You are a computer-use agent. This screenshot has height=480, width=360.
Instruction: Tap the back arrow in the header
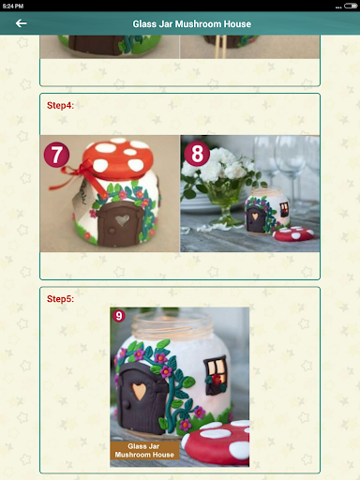[21, 23]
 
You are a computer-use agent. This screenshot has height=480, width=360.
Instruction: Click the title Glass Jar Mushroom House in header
[191, 24]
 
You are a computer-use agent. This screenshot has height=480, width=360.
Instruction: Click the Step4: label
[60, 106]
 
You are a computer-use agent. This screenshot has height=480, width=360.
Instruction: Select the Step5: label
[60, 299]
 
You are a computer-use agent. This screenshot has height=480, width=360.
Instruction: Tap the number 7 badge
[56, 155]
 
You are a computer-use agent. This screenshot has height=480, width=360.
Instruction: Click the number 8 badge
[197, 154]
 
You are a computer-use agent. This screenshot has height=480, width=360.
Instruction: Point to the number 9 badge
[119, 316]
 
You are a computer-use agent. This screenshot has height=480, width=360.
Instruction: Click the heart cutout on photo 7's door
[122, 220]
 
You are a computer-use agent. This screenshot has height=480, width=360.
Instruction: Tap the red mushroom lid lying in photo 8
[292, 234]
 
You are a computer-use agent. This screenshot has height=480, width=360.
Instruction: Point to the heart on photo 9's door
[139, 391]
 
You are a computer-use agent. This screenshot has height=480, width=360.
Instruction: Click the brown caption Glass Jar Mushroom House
[144, 450]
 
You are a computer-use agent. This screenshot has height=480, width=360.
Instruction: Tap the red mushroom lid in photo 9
[217, 443]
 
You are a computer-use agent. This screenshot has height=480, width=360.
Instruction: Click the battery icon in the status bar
[351, 6]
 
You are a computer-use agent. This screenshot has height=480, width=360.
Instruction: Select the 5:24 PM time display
[13, 6]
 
